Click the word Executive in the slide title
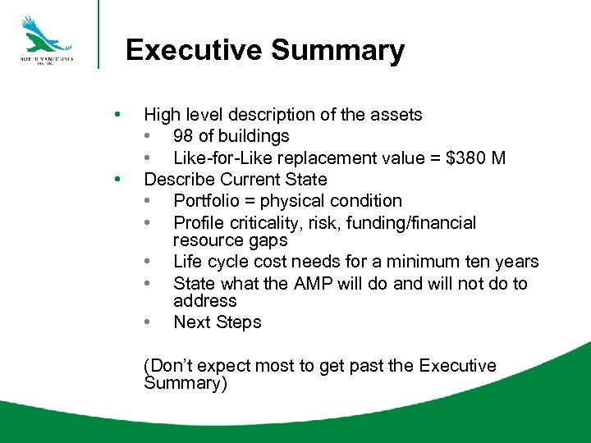(194, 50)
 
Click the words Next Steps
(217, 322)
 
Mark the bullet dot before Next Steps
(148, 322)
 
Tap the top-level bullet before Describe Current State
(120, 179)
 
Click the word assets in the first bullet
(396, 115)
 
